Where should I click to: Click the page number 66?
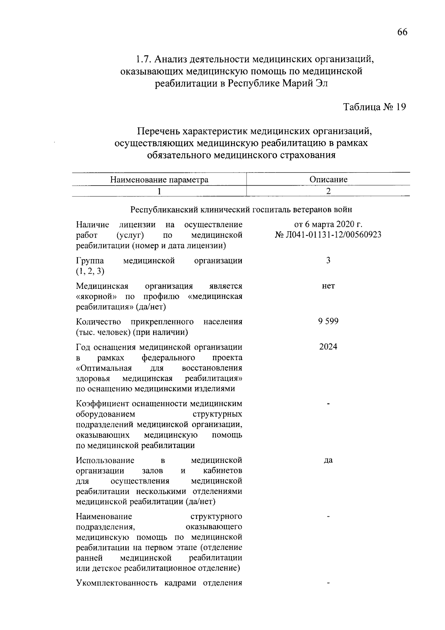402,32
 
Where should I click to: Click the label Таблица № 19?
375,107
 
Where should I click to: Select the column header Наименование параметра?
159,180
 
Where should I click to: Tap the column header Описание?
328,180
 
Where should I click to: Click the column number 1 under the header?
159,191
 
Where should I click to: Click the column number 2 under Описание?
328,191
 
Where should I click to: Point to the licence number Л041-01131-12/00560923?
333,235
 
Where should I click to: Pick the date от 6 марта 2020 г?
328,225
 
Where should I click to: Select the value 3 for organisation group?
328,260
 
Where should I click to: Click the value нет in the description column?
328,286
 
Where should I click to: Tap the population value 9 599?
328,321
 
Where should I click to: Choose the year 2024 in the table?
328,347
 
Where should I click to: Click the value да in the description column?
328,460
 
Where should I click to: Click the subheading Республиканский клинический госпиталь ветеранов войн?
241,210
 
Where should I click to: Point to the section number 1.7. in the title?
143,59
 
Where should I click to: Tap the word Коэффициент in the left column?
98,404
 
